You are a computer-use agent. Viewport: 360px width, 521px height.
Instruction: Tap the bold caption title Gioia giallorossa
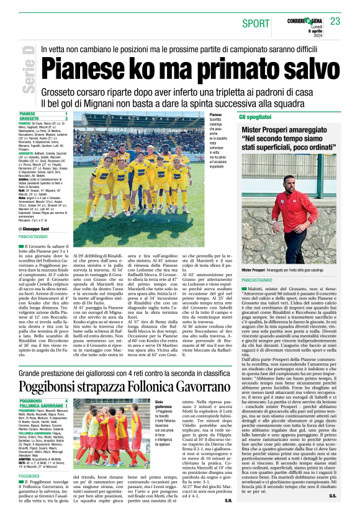click(163, 404)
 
